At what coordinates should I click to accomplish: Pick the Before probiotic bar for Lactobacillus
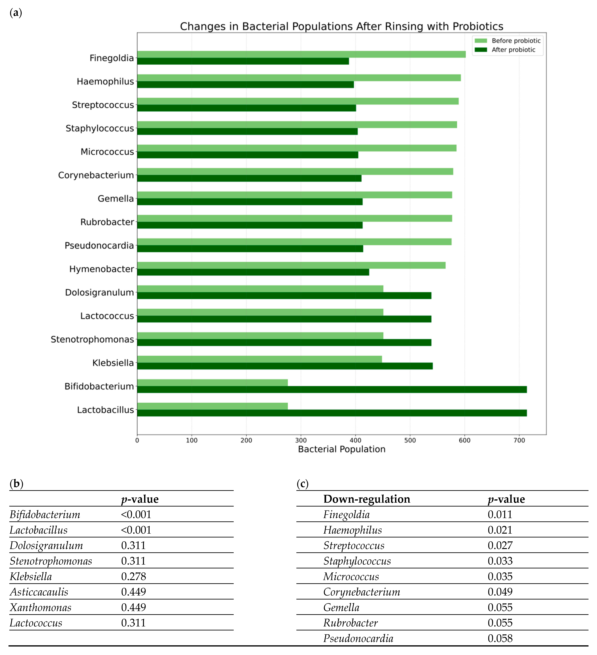pos(212,406)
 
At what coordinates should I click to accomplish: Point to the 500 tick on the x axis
pos(410,440)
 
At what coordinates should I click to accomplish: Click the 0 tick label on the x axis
pos(137,440)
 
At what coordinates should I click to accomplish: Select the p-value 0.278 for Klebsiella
pos(133,576)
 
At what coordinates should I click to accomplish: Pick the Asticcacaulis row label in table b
pos(39,592)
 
